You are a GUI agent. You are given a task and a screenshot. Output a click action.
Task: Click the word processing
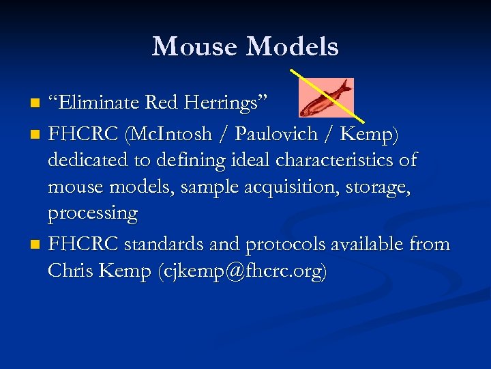93,213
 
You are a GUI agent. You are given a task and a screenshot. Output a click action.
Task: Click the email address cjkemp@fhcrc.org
241,271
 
